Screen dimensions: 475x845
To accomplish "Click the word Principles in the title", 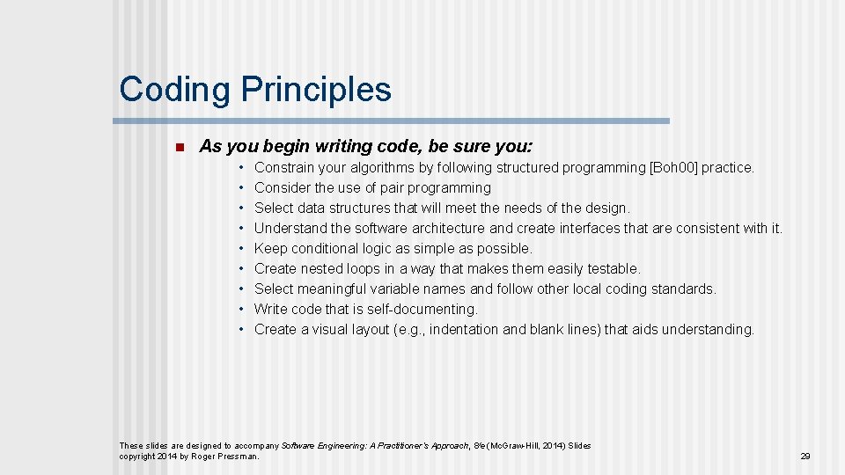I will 315,90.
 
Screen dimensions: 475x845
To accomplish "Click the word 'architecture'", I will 446,228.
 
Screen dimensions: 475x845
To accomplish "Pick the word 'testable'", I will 613,268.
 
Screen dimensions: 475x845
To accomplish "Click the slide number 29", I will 805,457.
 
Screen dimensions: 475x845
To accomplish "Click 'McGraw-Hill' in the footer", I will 523,446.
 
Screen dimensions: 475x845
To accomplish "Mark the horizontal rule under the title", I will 392,121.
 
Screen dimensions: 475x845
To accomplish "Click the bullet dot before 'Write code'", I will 241,309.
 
